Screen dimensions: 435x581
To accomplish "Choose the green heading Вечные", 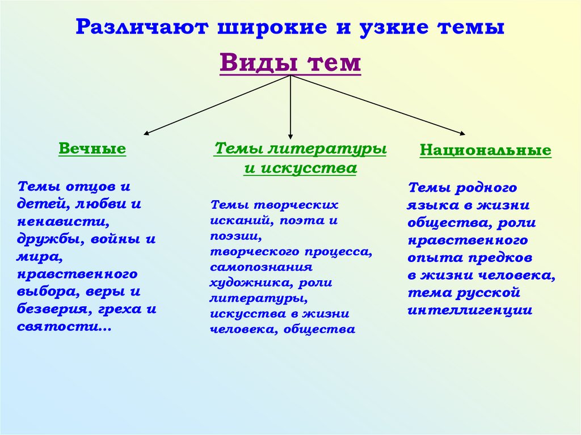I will tap(92, 149).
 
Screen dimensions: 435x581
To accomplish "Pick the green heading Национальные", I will tap(485, 150).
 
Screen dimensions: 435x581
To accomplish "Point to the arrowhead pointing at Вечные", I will tap(146, 134).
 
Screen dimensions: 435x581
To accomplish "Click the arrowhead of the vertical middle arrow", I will tap(290, 136).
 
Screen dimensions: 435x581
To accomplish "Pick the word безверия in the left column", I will tap(50, 310).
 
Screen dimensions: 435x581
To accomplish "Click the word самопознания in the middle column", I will tap(261, 266).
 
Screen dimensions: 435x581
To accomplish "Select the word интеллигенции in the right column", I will tap(470, 310).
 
